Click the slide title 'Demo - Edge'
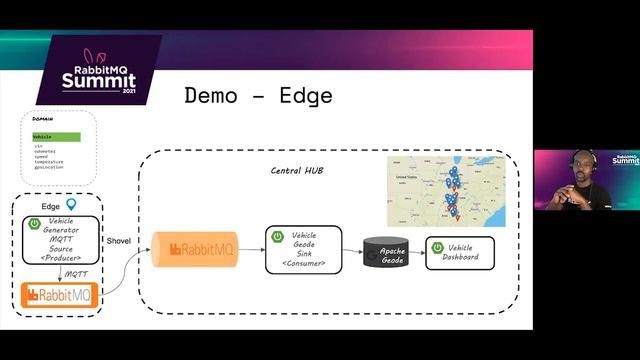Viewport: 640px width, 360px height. click(x=258, y=97)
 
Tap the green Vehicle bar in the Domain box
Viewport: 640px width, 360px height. click(x=56, y=137)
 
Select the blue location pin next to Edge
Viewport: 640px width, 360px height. click(x=72, y=204)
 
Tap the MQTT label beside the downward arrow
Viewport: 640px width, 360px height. click(x=77, y=273)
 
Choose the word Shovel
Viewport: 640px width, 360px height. click(x=119, y=212)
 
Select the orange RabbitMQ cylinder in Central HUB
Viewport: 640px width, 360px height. click(x=196, y=249)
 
